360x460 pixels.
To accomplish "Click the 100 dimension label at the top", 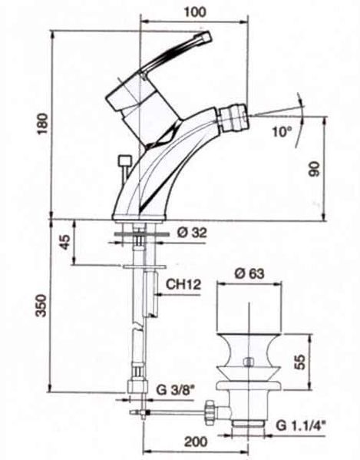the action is [195, 12].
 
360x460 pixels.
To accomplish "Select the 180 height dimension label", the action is [42, 123].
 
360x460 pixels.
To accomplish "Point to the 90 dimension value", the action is [315, 169].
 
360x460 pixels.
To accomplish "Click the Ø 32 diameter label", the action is [193, 233].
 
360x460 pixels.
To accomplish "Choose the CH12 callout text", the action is [183, 284].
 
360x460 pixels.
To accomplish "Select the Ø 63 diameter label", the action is [249, 273].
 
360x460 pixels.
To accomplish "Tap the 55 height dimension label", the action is [299, 362].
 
